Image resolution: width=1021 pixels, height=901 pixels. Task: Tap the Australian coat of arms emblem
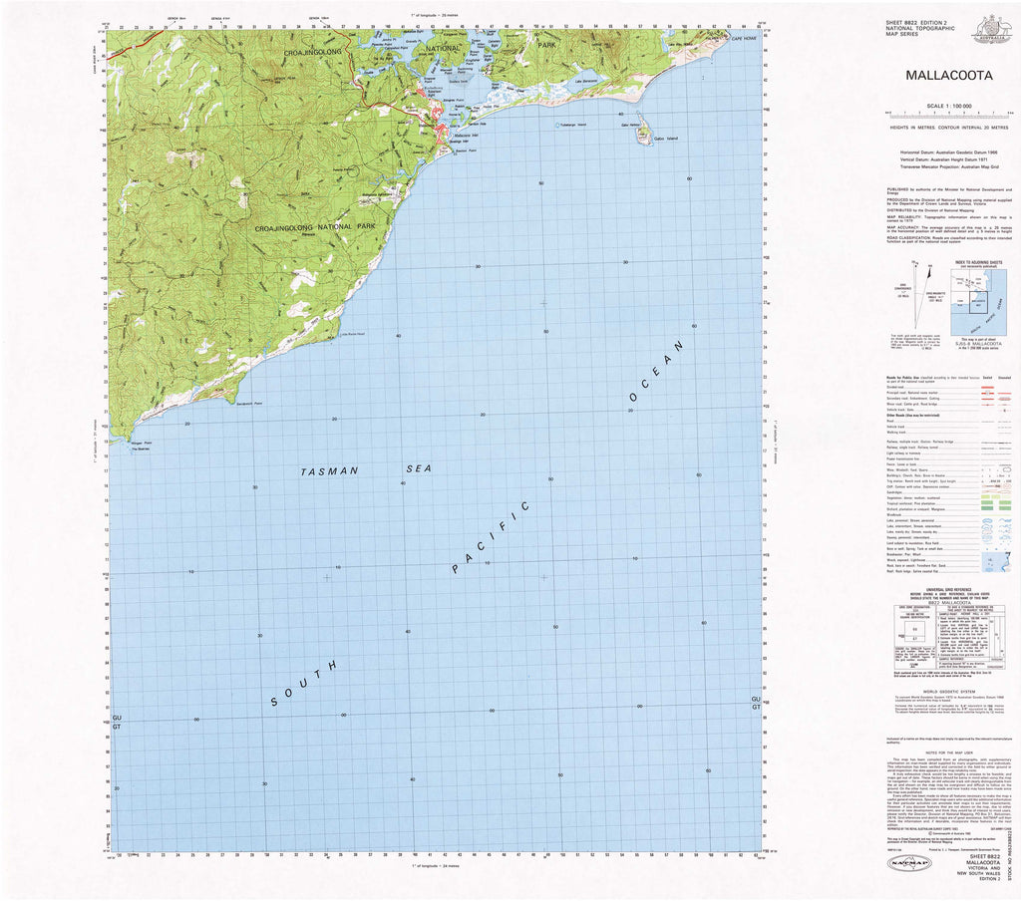click(991, 27)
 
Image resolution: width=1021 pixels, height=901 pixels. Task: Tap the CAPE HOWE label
click(744, 38)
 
